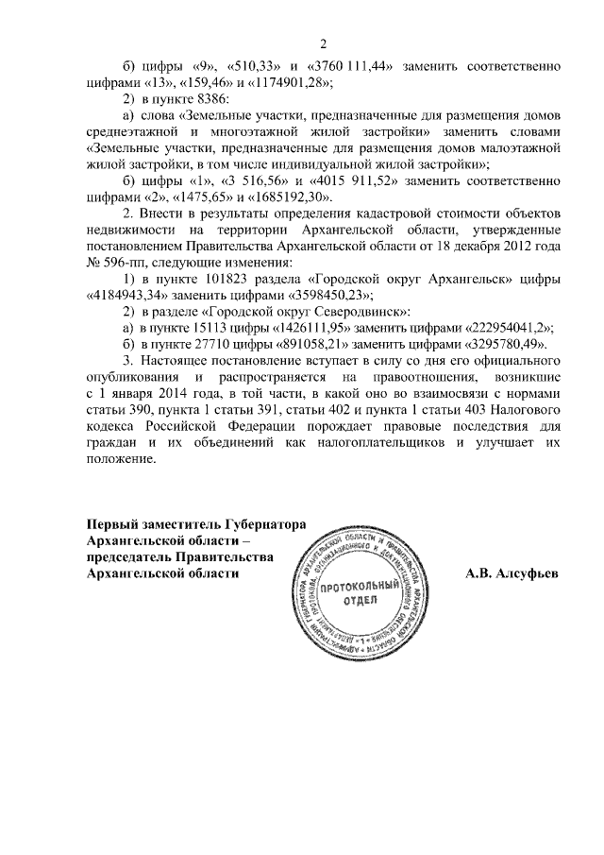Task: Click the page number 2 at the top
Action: point(323,43)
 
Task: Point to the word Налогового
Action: point(522,408)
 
